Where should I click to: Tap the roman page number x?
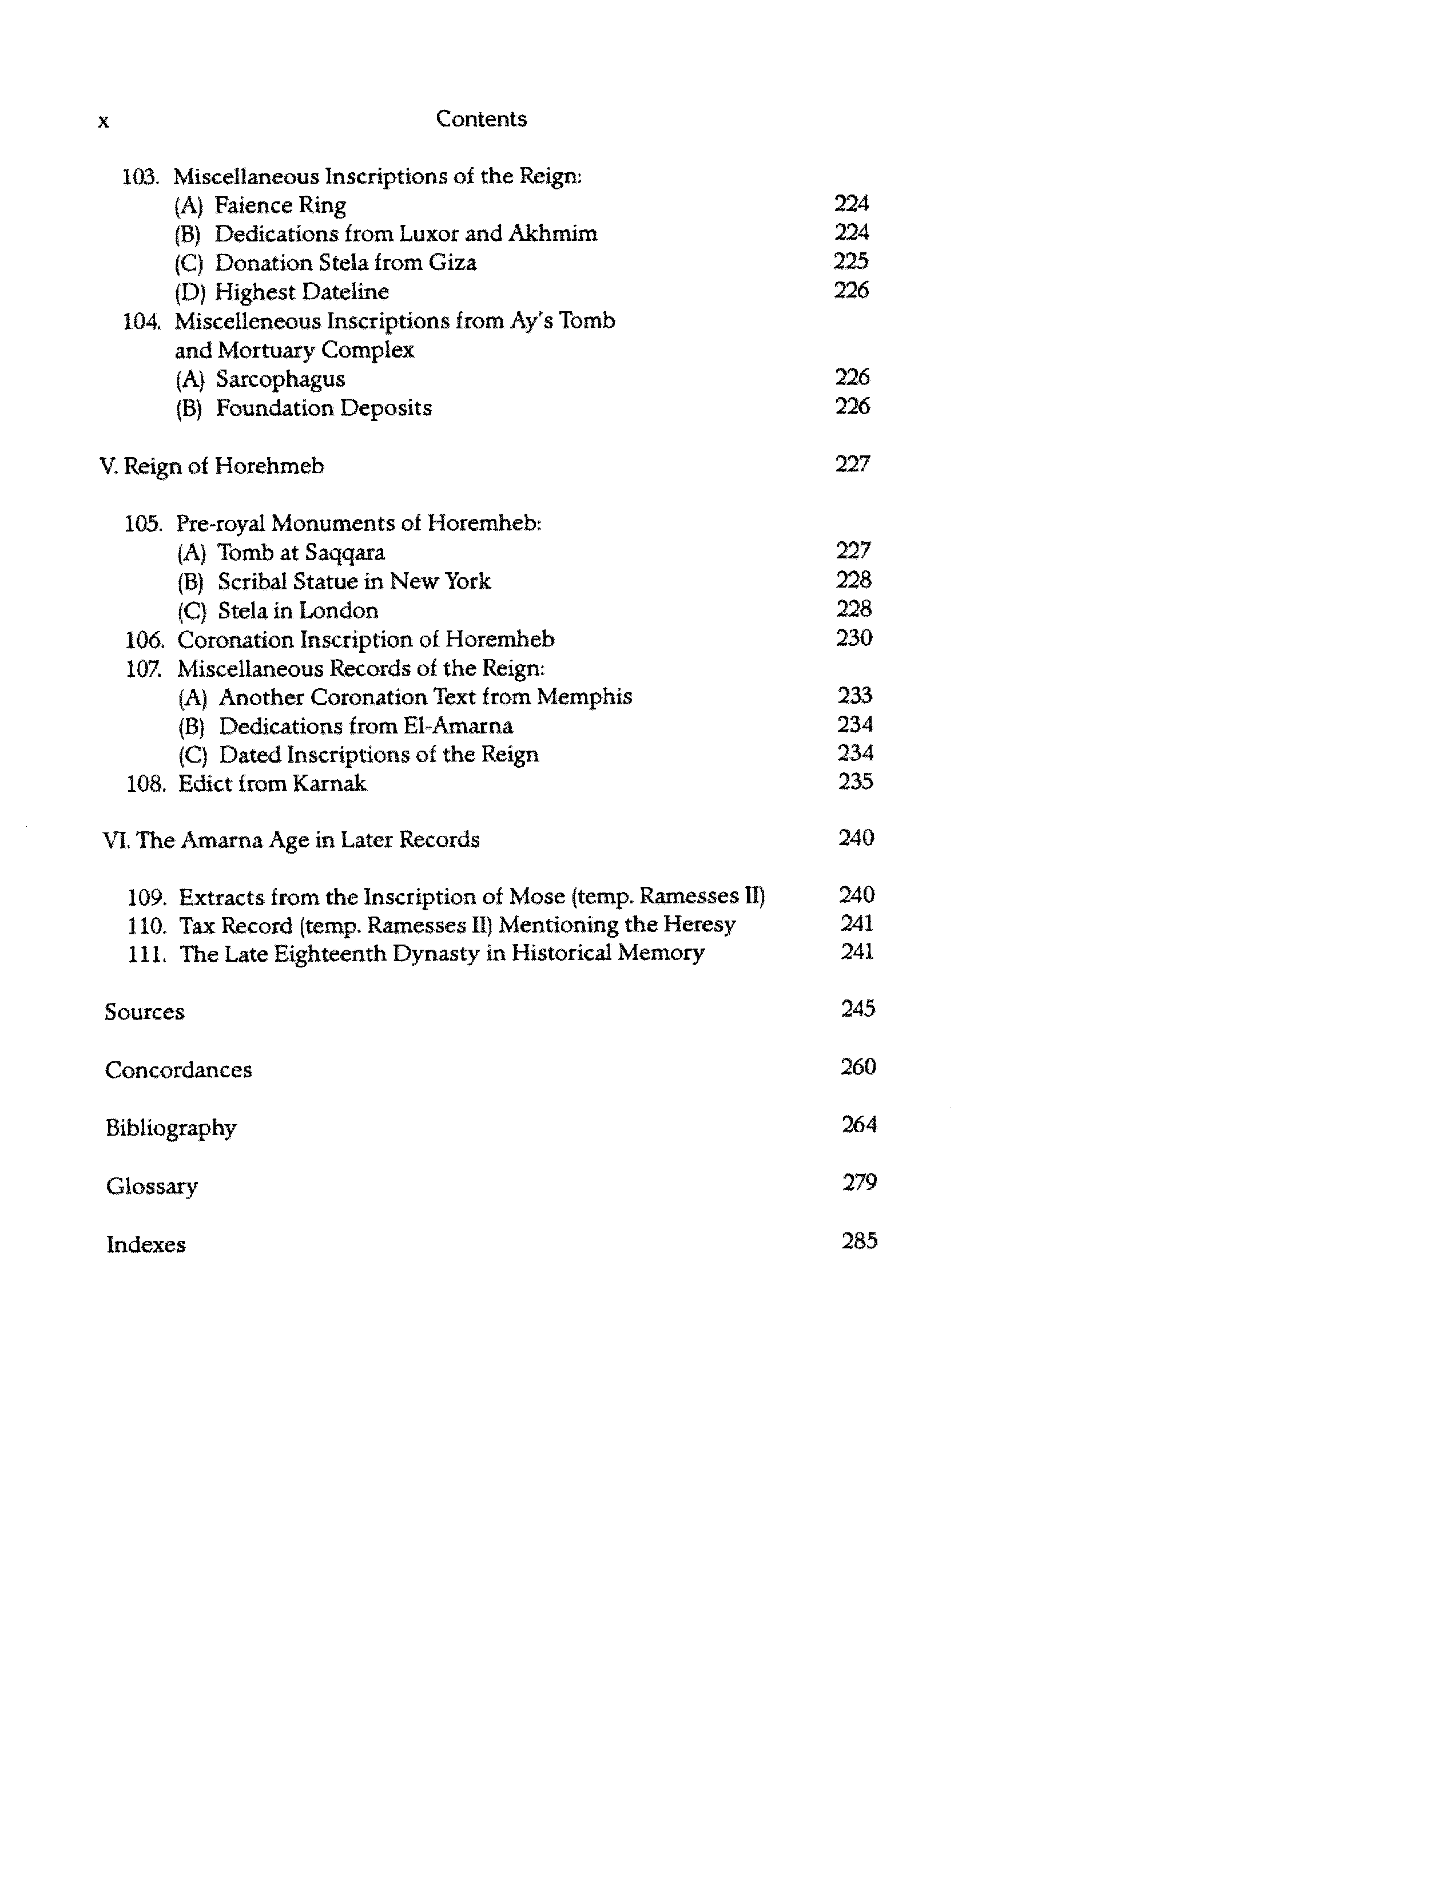tap(104, 122)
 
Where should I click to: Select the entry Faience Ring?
tap(280, 206)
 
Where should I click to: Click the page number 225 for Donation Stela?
tap(851, 261)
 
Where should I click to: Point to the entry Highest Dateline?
tap(301, 292)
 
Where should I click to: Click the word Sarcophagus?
tap(280, 379)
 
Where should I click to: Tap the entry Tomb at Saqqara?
tap(301, 553)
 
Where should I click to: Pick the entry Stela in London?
tap(297, 611)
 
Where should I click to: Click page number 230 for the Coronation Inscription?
tap(854, 638)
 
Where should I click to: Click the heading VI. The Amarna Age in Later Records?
tap(291, 840)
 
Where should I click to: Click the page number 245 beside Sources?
tap(858, 1009)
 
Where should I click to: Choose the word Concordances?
tap(178, 1070)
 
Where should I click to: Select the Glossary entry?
tap(152, 1186)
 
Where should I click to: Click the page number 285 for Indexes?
tap(860, 1242)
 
